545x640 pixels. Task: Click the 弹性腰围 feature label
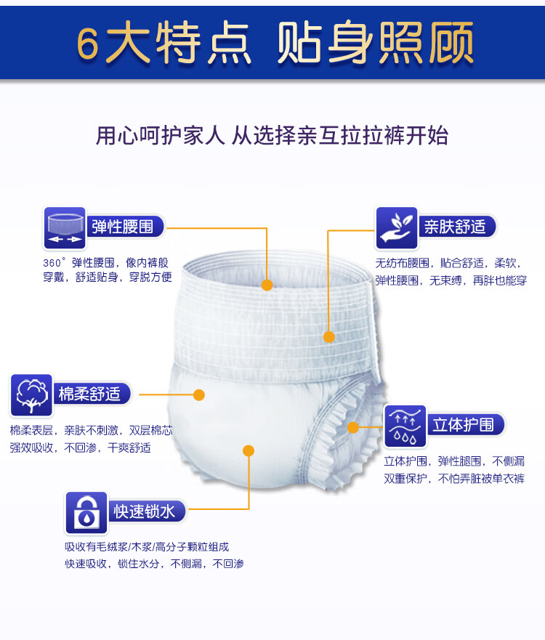(122, 226)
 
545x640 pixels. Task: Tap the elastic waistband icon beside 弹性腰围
(65, 227)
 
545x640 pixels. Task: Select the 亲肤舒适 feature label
(455, 226)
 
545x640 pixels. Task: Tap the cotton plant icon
(32, 394)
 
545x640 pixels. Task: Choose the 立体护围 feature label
(463, 425)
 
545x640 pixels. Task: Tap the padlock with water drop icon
(86, 512)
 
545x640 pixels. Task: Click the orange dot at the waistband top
(267, 285)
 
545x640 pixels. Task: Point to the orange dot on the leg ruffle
(354, 426)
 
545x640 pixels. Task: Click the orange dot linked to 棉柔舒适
(199, 394)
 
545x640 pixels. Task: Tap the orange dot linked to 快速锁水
(249, 450)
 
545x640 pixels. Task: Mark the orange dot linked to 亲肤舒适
(328, 336)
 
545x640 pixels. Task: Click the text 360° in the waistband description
(54, 263)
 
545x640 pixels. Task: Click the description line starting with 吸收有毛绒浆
(147, 547)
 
